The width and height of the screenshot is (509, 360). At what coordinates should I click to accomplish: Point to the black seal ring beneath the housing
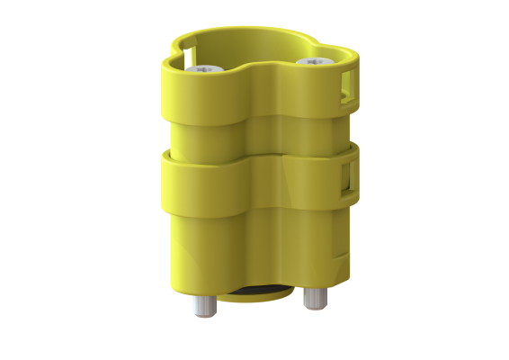click(x=255, y=293)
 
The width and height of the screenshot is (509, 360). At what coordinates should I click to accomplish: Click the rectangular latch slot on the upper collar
click(x=348, y=87)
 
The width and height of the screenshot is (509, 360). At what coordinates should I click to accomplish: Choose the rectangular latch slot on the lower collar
click(x=347, y=177)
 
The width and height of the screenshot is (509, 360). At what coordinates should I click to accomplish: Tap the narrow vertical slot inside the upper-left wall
click(x=188, y=54)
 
